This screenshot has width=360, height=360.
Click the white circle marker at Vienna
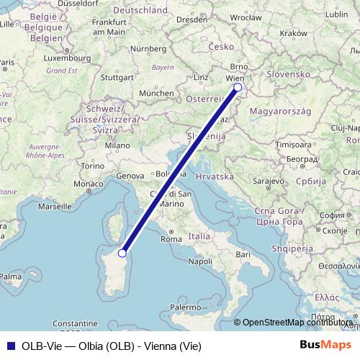pyautogui.click(x=238, y=89)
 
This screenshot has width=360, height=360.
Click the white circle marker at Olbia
pyautogui.click(x=122, y=253)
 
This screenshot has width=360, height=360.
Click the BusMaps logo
pyautogui.click(x=325, y=345)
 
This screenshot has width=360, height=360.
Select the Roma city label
pyautogui.click(x=171, y=239)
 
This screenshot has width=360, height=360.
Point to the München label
pyautogui.click(x=156, y=94)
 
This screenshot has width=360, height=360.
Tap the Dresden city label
pyautogui.click(x=191, y=20)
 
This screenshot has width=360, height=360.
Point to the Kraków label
pyautogui.click(x=293, y=33)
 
